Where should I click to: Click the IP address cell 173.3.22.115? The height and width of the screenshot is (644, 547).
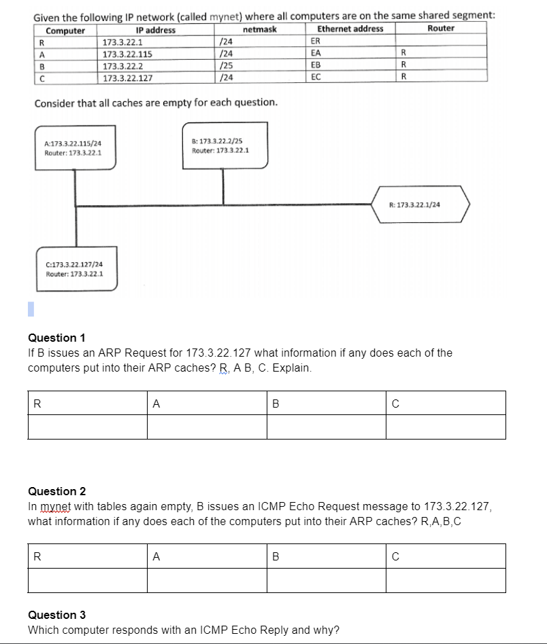(127, 54)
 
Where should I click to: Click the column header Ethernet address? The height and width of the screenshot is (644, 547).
(350, 29)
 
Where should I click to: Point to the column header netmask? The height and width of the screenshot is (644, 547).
(259, 29)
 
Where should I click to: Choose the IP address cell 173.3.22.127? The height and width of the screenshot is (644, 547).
(127, 77)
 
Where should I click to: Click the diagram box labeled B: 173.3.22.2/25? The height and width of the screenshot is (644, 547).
(225, 145)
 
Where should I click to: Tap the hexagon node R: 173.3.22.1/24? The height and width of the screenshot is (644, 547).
(422, 204)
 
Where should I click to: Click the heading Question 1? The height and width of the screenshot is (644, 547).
(56, 338)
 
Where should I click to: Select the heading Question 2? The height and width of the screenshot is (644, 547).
(56, 491)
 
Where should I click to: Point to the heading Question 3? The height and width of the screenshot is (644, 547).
(56, 615)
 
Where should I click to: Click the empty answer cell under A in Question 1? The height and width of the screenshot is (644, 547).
(207, 427)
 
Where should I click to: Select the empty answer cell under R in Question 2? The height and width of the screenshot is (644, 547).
(87, 580)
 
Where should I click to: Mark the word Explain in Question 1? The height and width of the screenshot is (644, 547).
(291, 368)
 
